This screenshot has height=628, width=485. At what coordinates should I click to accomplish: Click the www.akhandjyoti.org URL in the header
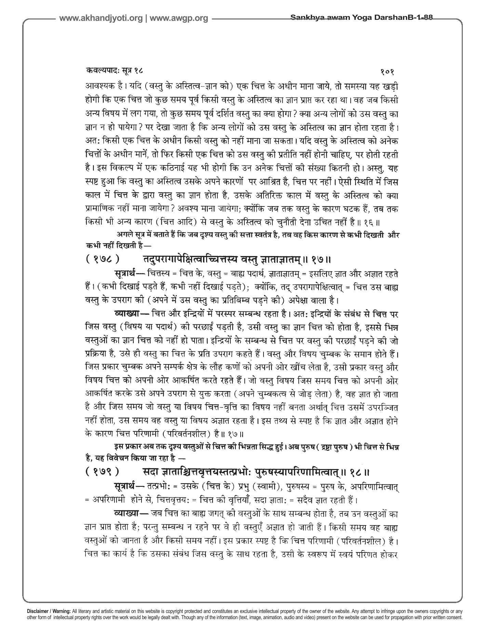tap(101, 19)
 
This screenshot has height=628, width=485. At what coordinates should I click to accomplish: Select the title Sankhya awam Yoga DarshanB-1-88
tap(361, 18)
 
